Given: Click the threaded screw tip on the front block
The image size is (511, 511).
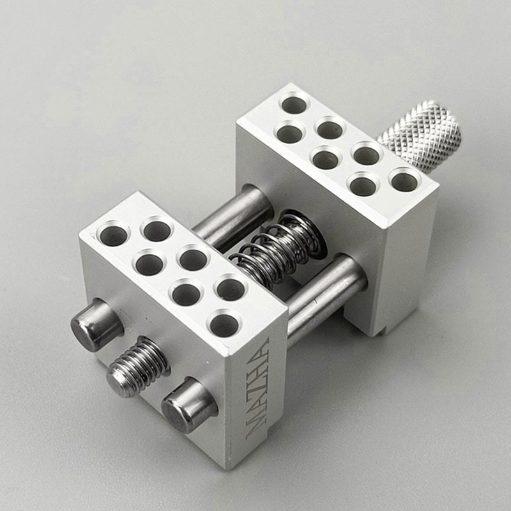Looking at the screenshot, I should click(x=137, y=367).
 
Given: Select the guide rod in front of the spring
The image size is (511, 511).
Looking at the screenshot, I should click(x=326, y=294).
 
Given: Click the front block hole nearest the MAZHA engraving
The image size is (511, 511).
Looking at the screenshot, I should click(x=225, y=324).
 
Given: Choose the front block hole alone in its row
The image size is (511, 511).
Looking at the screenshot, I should click(x=225, y=324).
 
